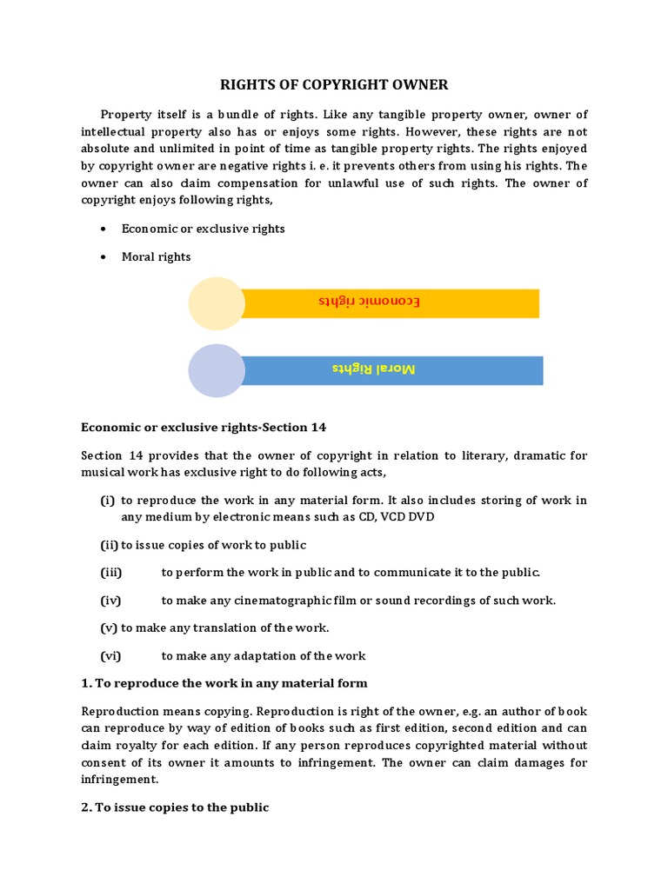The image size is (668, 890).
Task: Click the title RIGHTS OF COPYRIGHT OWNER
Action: pyautogui.click(x=333, y=84)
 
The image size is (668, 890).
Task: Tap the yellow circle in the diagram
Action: pyautogui.click(x=217, y=303)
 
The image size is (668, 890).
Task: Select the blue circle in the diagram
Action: pyautogui.click(x=217, y=370)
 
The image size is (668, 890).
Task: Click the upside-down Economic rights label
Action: pyautogui.click(x=369, y=302)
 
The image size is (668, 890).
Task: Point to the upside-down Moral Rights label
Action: pyautogui.click(x=374, y=369)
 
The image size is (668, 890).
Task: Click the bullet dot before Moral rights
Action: pyautogui.click(x=104, y=257)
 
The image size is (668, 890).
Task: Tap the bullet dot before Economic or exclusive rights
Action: pyautogui.click(x=104, y=229)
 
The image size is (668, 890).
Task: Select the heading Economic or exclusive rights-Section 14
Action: pyautogui.click(x=204, y=427)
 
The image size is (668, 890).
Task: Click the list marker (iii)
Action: pyautogui.click(x=111, y=573)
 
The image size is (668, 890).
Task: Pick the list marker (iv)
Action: pyautogui.click(x=110, y=601)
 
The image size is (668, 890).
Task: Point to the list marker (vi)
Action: pyautogui.click(x=110, y=656)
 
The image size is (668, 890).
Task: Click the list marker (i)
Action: pyautogui.click(x=108, y=500)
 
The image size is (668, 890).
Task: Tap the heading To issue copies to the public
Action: pyautogui.click(x=175, y=807)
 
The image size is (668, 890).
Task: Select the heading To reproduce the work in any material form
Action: pyautogui.click(x=224, y=683)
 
